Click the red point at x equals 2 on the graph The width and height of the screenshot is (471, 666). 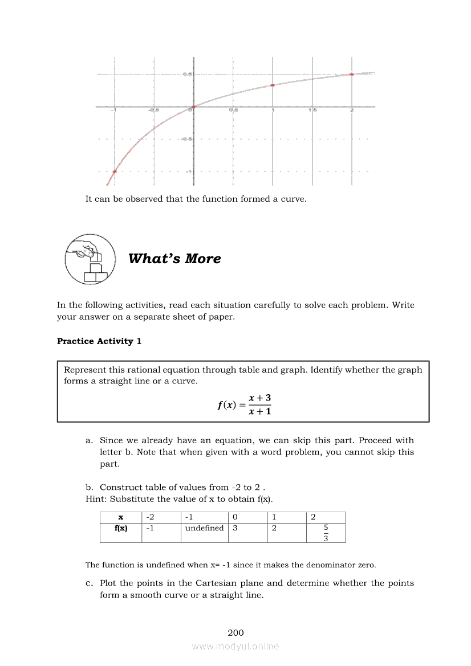click(x=352, y=74)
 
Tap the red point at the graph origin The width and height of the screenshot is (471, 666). click(x=194, y=107)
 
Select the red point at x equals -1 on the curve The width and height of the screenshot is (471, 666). click(x=115, y=171)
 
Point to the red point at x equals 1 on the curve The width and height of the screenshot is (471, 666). click(x=273, y=85)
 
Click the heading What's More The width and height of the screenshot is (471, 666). click(x=174, y=259)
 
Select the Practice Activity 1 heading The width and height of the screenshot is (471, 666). click(x=99, y=341)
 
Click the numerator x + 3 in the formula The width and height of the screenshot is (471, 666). click(x=259, y=398)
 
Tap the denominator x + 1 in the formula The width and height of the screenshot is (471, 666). click(x=259, y=411)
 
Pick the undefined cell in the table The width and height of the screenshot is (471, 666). click(x=204, y=528)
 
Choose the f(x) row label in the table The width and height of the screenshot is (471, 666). click(x=121, y=528)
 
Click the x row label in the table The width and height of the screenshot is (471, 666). click(x=121, y=517)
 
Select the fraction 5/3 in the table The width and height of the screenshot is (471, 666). click(x=326, y=533)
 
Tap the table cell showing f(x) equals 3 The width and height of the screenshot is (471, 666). click(x=234, y=528)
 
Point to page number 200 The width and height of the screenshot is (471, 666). click(x=235, y=632)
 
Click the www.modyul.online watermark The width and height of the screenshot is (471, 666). click(x=235, y=646)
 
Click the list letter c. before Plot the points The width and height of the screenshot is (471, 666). click(x=90, y=583)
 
